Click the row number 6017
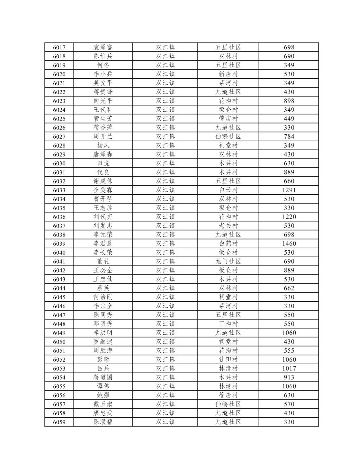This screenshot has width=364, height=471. [x=59, y=47]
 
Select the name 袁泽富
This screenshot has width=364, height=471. [x=103, y=47]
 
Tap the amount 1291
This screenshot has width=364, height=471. [x=289, y=190]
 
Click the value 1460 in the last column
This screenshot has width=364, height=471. [x=289, y=244]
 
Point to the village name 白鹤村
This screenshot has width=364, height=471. [x=228, y=244]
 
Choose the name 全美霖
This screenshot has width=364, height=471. [x=103, y=190]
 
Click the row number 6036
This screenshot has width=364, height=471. [x=59, y=217]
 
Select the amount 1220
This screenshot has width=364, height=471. [x=289, y=217]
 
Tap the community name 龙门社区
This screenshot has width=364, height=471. [x=228, y=262]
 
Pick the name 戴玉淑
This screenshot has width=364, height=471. [x=103, y=404]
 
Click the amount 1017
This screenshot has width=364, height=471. [x=289, y=369]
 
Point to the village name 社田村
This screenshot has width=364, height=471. [x=228, y=360]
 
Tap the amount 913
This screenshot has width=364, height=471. [x=289, y=377]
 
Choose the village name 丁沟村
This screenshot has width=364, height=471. [x=228, y=324]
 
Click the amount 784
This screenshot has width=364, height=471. [x=289, y=137]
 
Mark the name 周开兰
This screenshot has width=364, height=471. [x=103, y=137]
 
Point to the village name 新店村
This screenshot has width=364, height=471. [x=228, y=74]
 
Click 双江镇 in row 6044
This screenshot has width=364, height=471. [x=165, y=288]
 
